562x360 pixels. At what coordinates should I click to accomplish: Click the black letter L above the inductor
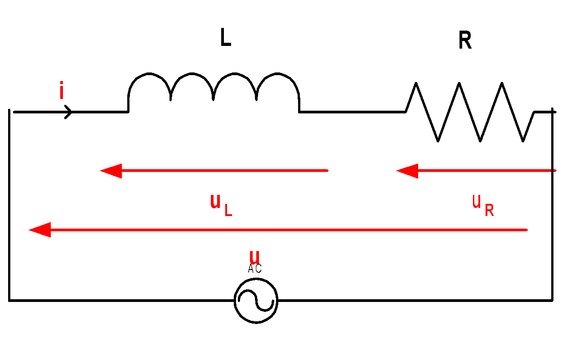(226, 37)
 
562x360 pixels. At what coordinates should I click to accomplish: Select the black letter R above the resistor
(465, 40)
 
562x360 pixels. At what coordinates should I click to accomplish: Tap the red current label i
(62, 90)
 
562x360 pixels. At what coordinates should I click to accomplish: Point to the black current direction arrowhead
(68, 112)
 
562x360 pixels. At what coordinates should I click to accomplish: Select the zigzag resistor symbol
(470, 112)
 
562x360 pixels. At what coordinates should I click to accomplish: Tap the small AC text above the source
(254, 268)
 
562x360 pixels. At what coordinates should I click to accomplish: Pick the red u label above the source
(254, 257)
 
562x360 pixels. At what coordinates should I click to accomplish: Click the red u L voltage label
(221, 205)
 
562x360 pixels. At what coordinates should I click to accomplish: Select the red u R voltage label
(483, 206)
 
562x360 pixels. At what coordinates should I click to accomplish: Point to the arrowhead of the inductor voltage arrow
(111, 171)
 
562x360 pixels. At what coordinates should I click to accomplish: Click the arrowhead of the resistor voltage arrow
(407, 171)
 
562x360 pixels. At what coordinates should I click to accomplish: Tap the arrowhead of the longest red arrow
(40, 230)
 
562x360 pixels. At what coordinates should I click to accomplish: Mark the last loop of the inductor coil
(277, 73)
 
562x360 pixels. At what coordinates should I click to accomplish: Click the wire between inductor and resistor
(352, 112)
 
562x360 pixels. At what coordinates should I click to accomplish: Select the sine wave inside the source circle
(256, 301)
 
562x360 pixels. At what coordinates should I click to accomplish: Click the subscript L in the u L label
(228, 210)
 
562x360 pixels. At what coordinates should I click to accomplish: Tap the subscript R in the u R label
(490, 211)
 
